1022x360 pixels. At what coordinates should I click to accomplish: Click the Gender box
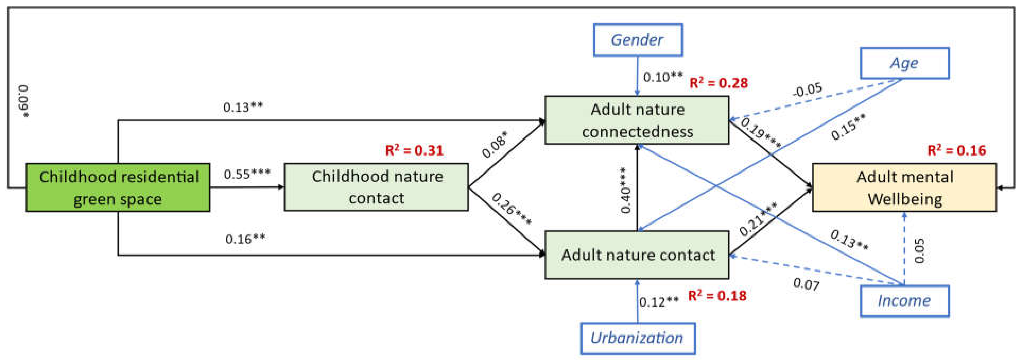click(x=638, y=40)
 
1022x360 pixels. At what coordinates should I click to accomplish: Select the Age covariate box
click(x=904, y=63)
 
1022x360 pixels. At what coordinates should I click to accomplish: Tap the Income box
click(x=904, y=301)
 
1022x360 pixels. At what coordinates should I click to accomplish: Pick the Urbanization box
click(x=638, y=338)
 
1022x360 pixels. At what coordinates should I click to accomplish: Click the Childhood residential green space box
click(x=118, y=187)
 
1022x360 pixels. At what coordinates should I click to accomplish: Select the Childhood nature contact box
click(x=376, y=187)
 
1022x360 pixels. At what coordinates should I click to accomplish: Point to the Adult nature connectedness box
click(x=637, y=120)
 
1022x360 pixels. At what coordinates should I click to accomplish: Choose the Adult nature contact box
click(x=637, y=255)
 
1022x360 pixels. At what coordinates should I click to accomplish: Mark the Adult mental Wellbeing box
click(x=904, y=187)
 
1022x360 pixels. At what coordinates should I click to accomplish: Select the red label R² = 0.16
click(x=956, y=151)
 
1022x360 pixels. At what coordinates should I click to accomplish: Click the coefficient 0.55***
click(x=247, y=174)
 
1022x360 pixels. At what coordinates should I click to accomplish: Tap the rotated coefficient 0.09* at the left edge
click(x=24, y=101)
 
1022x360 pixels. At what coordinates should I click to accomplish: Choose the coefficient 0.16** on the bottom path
click(x=245, y=239)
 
